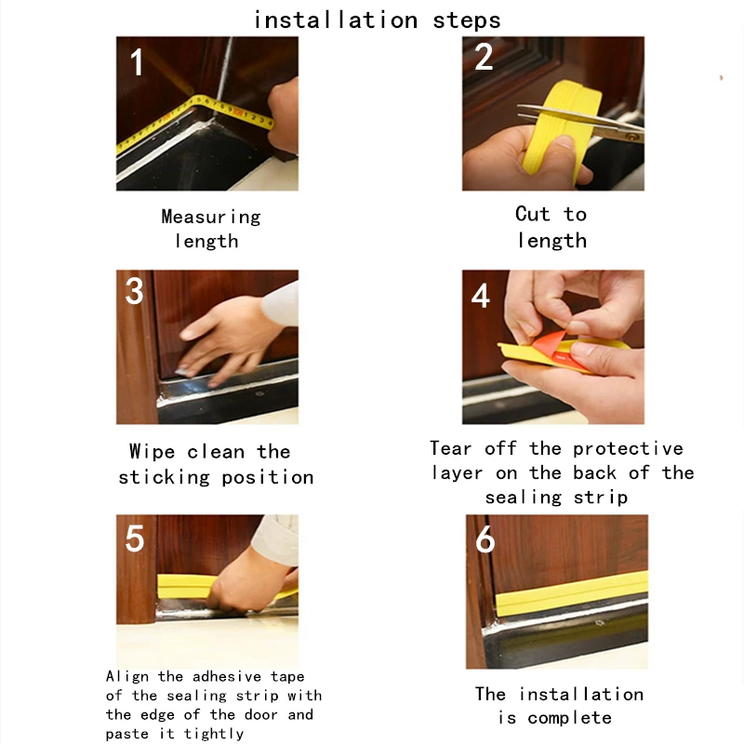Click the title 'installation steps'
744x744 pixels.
click(x=378, y=20)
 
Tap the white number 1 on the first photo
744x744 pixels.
click(x=137, y=62)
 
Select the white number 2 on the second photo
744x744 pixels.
click(x=484, y=57)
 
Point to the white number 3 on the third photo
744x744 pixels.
click(x=134, y=290)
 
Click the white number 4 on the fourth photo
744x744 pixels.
click(x=481, y=295)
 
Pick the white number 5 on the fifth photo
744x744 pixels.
click(x=134, y=538)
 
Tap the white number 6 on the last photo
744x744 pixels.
click(x=485, y=539)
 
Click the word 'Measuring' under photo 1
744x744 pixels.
click(x=211, y=218)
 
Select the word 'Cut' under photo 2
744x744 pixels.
click(x=532, y=214)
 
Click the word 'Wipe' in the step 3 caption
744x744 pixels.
click(x=152, y=451)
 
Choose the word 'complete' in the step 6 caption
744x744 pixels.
click(x=569, y=718)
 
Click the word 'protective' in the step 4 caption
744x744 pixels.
click(x=629, y=448)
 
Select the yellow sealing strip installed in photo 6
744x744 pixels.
click(x=572, y=593)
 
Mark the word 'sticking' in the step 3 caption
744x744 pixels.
click(x=165, y=477)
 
